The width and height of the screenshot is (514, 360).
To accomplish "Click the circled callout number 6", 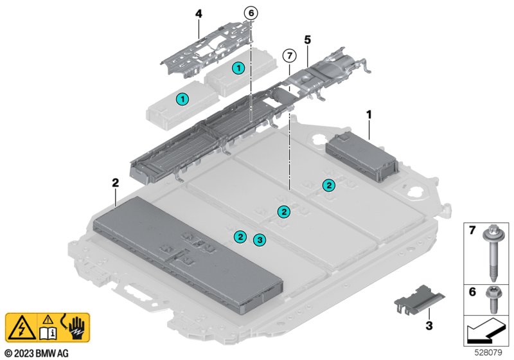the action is click(251, 13).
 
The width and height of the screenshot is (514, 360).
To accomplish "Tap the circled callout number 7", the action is click(290, 56).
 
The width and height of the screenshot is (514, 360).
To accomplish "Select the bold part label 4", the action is click(199, 14).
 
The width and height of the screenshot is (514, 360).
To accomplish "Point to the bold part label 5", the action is click(307, 40).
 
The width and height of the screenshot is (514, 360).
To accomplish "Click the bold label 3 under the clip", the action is click(429, 325).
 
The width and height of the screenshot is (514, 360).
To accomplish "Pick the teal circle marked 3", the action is click(260, 240).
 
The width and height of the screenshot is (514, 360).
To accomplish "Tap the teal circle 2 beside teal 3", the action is click(240, 237).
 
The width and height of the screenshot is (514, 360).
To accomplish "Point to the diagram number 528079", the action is click(488, 352).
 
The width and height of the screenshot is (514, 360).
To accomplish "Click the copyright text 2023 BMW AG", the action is click(37, 353).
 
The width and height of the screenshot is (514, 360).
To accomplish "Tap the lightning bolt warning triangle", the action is click(22, 328).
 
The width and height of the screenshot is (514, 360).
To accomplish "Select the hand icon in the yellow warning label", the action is click(77, 328).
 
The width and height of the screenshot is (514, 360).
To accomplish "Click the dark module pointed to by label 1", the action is click(362, 157).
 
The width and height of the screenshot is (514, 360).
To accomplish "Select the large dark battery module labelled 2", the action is click(188, 255).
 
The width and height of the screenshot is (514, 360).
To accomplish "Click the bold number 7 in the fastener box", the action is click(472, 230).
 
